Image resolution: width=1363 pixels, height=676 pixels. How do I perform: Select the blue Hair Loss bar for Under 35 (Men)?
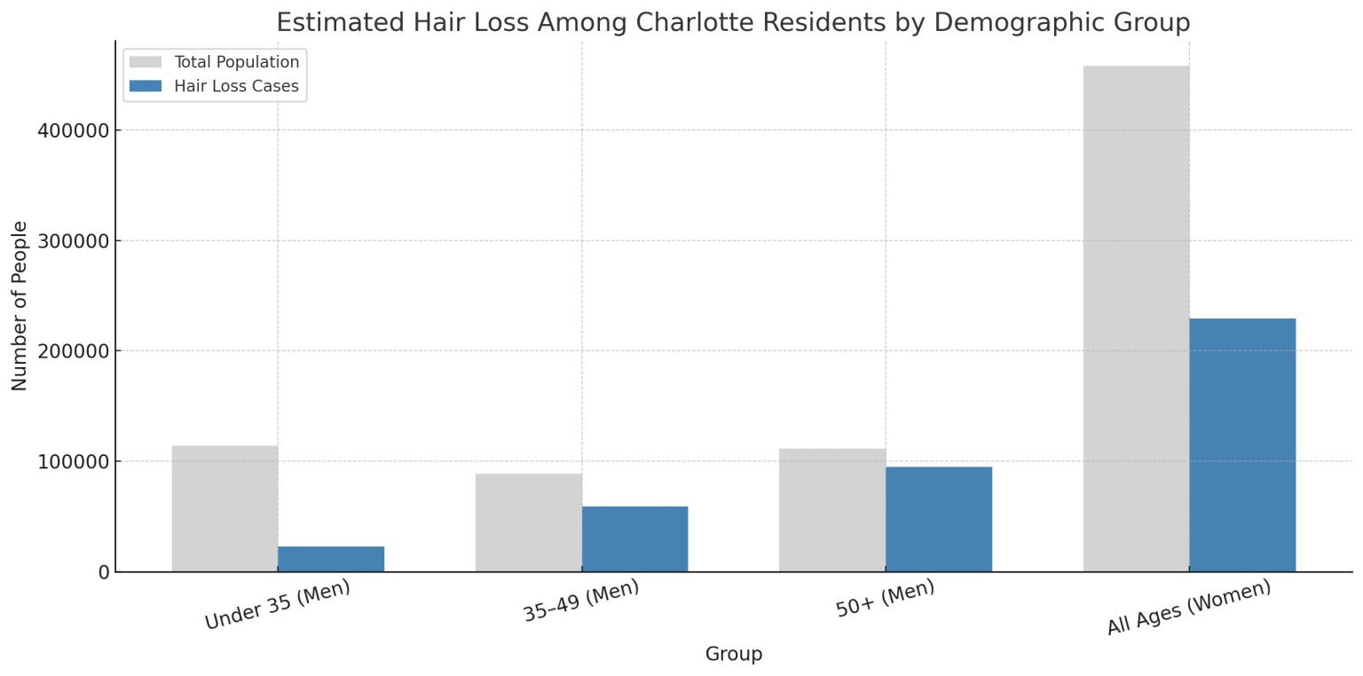331,559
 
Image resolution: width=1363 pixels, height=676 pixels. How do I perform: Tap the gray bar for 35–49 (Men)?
528,523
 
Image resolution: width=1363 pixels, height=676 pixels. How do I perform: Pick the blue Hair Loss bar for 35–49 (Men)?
634,538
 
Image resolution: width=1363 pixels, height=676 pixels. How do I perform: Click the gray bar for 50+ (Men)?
832,510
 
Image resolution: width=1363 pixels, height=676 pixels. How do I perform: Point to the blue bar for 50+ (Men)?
939,519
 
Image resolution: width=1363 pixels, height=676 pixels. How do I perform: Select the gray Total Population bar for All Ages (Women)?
1136,318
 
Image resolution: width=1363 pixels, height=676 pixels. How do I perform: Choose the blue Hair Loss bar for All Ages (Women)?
1242,444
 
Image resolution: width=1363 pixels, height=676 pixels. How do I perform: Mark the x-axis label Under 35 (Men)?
277,605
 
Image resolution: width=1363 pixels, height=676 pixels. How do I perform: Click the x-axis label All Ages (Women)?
1188,608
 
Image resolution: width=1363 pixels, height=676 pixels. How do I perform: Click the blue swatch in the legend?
146,86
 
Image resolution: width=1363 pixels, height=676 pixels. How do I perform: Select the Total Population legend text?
237,62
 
